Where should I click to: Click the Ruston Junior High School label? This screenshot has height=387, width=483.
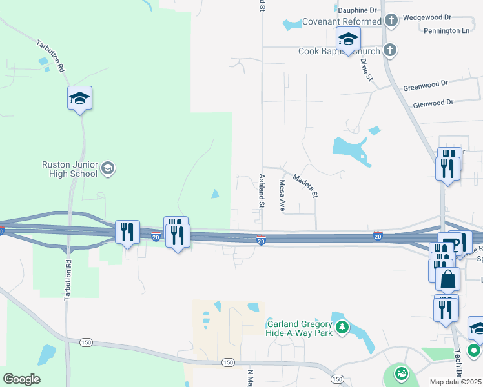pyautogui.click(x=69, y=169)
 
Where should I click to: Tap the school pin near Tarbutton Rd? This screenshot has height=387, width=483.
pyautogui.click(x=79, y=99)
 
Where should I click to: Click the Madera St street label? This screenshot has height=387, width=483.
pyautogui.click(x=305, y=185)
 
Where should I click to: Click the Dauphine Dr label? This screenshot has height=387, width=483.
pyautogui.click(x=356, y=10)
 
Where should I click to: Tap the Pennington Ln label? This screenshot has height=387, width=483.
pyautogui.click(x=447, y=30)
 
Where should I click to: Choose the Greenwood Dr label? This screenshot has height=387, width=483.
pyautogui.click(x=425, y=85)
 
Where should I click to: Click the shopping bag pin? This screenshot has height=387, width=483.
pyautogui.click(x=447, y=280)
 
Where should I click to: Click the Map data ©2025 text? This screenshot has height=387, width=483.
pyautogui.click(x=456, y=382)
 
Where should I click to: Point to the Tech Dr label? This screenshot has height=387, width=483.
pyautogui.click(x=458, y=363)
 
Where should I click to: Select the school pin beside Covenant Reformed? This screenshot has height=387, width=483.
pyautogui.click(x=347, y=39)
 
